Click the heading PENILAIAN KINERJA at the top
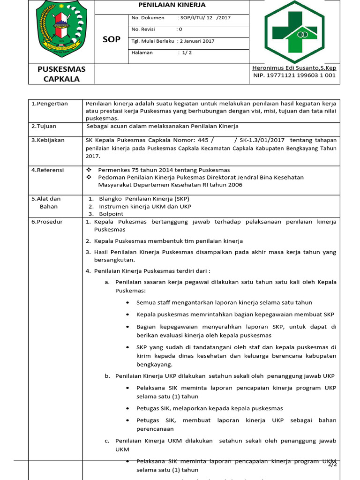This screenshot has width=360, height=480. pyautogui.click(x=172, y=5)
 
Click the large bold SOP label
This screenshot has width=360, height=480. pyautogui.click(x=112, y=39)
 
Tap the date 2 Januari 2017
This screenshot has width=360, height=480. pyautogui.click(x=196, y=41)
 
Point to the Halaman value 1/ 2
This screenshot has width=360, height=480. pyautogui.click(x=185, y=52)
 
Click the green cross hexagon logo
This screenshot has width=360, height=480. pyautogui.click(x=294, y=31)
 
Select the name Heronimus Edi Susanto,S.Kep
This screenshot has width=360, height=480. pyautogui.click(x=294, y=68)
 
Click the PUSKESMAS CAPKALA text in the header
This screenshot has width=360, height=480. pyautogui.click(x=61, y=74)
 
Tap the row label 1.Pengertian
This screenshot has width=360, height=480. pyautogui.click(x=50, y=104)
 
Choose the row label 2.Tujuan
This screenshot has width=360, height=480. pyautogui.click(x=44, y=126)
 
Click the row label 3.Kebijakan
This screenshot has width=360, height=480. pyautogui.click(x=48, y=140)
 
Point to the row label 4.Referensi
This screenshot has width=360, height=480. pyautogui.click(x=47, y=170)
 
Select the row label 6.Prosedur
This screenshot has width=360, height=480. pyautogui.click(x=47, y=222)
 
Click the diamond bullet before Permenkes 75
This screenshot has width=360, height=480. pyautogui.click(x=90, y=170)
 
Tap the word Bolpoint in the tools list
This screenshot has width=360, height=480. pyautogui.click(x=112, y=214)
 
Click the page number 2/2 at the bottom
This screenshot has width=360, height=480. pyautogui.click(x=332, y=465)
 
